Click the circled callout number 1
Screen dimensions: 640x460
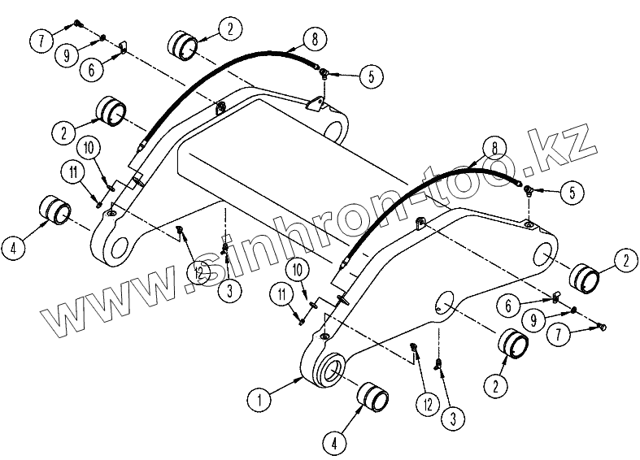[x=259, y=399]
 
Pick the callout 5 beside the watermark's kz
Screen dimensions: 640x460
[x=573, y=193]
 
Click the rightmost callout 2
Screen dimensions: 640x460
[x=624, y=261]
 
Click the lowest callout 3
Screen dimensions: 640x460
[x=452, y=418]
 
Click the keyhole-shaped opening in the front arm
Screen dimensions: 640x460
[x=445, y=302]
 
